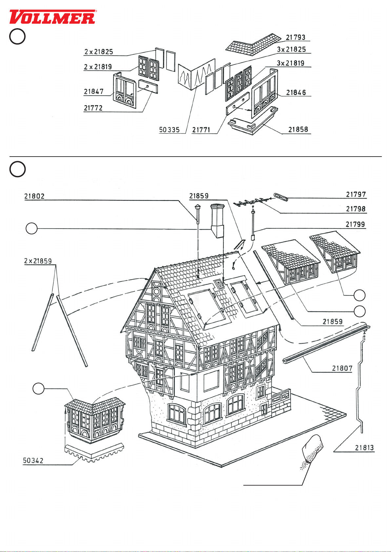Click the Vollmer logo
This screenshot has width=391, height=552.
click(52, 17)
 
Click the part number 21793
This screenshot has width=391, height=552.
click(295, 37)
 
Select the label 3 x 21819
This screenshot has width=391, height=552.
click(291, 63)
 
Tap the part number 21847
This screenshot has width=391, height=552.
click(93, 91)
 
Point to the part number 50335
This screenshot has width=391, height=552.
click(169, 130)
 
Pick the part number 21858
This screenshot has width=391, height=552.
click(298, 129)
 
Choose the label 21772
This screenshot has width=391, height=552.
click(93, 108)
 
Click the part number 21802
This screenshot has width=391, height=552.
click(34, 196)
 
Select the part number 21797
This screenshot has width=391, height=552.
click(356, 195)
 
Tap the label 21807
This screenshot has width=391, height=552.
click(342, 368)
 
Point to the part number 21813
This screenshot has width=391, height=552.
click(364, 447)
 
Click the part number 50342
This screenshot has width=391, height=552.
click(33, 461)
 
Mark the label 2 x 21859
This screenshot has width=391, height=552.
click(38, 261)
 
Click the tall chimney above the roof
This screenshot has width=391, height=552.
click(217, 221)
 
